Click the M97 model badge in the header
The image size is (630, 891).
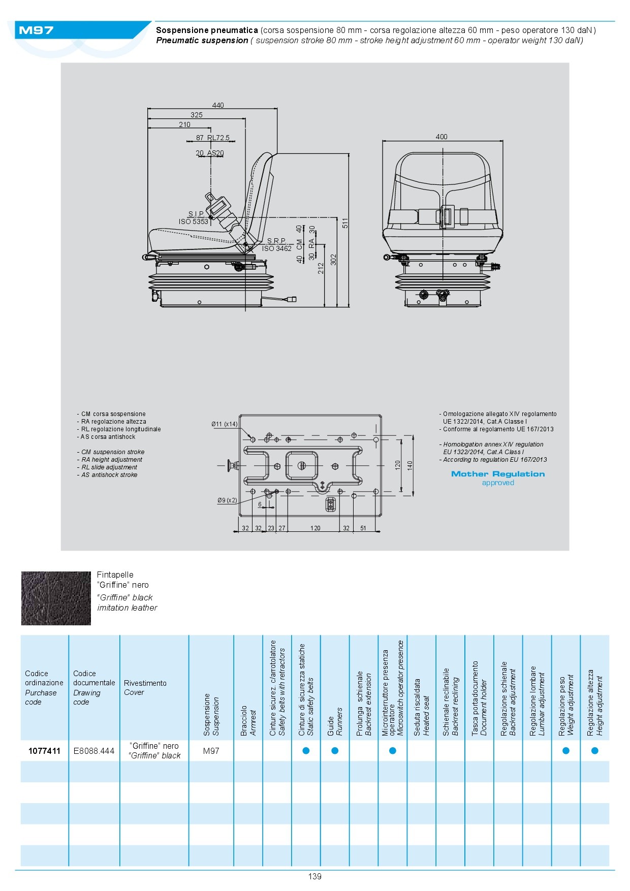click(36, 30)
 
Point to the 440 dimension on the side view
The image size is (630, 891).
click(218, 105)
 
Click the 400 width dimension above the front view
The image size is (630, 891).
click(442, 137)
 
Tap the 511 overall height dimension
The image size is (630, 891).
click(345, 223)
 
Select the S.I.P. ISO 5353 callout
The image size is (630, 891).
click(194, 218)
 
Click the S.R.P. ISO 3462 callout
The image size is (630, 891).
click(277, 245)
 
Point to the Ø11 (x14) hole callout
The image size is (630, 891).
click(225, 424)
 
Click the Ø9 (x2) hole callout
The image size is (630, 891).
click(227, 500)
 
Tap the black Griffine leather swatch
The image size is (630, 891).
click(56, 598)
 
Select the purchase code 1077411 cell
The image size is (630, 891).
click(44, 751)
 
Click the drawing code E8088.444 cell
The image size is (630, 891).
click(94, 751)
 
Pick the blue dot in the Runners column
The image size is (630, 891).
click(335, 751)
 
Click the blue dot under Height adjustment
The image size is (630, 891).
click(594, 751)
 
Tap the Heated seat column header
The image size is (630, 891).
click(421, 706)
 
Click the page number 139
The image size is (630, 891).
click(314, 876)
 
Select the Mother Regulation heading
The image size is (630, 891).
click(498, 474)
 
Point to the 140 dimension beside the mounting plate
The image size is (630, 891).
click(410, 464)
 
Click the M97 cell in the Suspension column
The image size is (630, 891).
click(211, 751)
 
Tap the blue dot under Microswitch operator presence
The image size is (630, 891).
click(392, 751)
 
